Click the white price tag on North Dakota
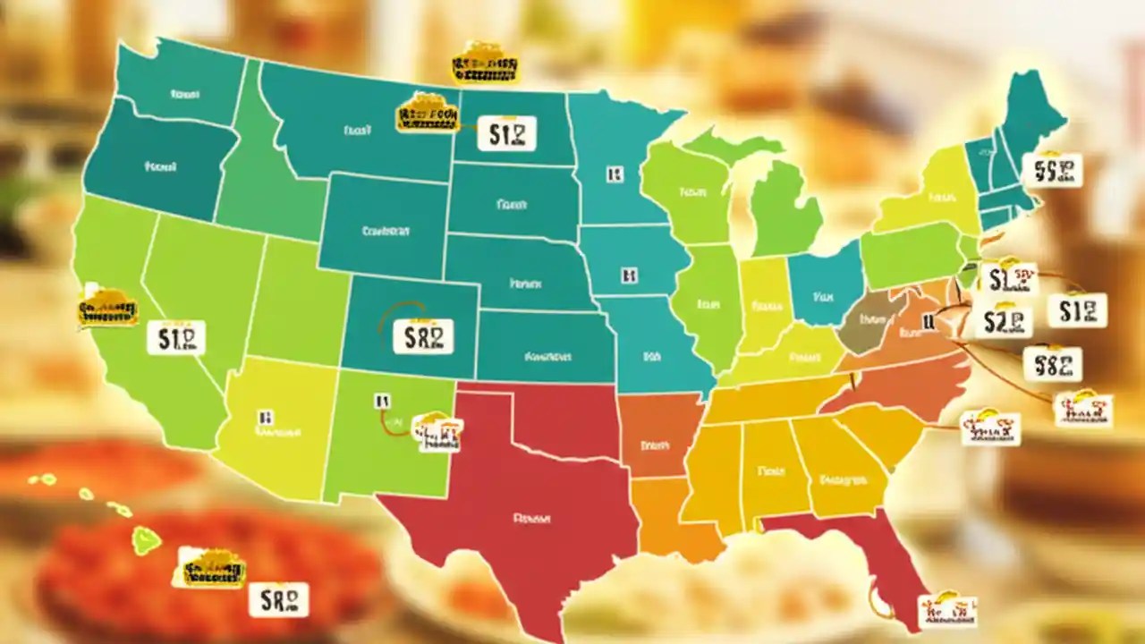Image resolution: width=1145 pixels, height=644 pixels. [506, 134]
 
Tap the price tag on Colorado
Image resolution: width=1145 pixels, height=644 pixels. [423, 336]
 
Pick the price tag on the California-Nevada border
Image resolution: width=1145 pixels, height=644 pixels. [175, 338]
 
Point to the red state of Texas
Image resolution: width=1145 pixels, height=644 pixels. [528, 501]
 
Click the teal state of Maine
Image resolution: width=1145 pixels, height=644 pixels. [1029, 116]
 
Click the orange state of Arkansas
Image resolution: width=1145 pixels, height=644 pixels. [657, 438]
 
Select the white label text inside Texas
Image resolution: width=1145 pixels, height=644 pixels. [530, 517]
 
